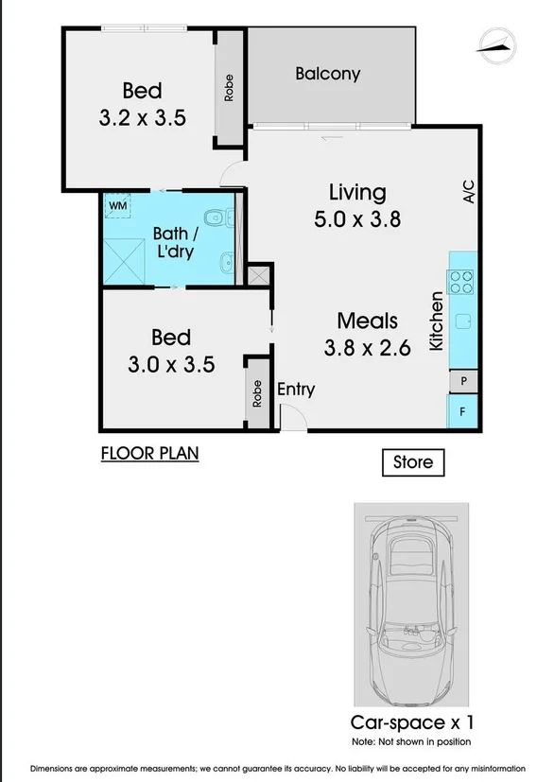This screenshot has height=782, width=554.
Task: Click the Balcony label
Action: [327, 73]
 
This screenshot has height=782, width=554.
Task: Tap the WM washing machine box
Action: [118, 205]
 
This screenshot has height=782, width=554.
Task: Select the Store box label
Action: [412, 462]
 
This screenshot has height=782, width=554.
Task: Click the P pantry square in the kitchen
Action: [463, 380]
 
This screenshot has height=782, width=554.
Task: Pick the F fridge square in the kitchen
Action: [463, 411]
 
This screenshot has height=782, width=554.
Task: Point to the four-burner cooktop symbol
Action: [462, 281]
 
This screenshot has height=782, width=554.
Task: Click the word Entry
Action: [295, 389]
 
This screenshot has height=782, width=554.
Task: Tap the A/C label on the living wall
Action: [467, 192]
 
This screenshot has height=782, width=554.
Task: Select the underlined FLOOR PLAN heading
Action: [149, 453]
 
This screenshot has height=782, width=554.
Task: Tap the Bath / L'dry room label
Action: [176, 243]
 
